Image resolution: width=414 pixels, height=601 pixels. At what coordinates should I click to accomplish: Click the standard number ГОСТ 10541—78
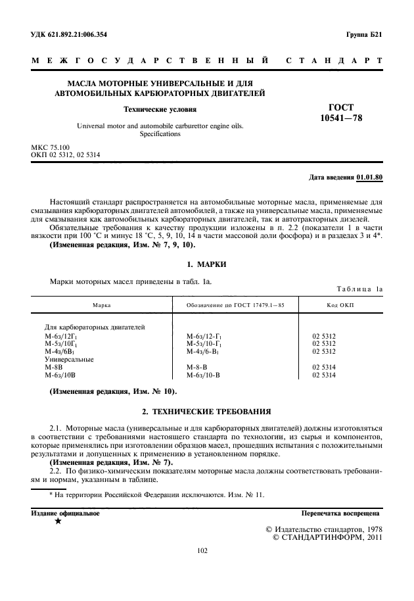tap(340, 112)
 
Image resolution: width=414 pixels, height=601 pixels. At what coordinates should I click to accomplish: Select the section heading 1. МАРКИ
tap(206, 264)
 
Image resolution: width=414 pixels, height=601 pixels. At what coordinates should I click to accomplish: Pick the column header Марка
tap(101, 305)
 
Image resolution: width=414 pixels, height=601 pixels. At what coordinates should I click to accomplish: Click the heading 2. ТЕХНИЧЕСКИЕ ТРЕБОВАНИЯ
tap(206, 412)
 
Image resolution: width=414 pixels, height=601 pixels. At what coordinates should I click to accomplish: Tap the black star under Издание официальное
tap(58, 521)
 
